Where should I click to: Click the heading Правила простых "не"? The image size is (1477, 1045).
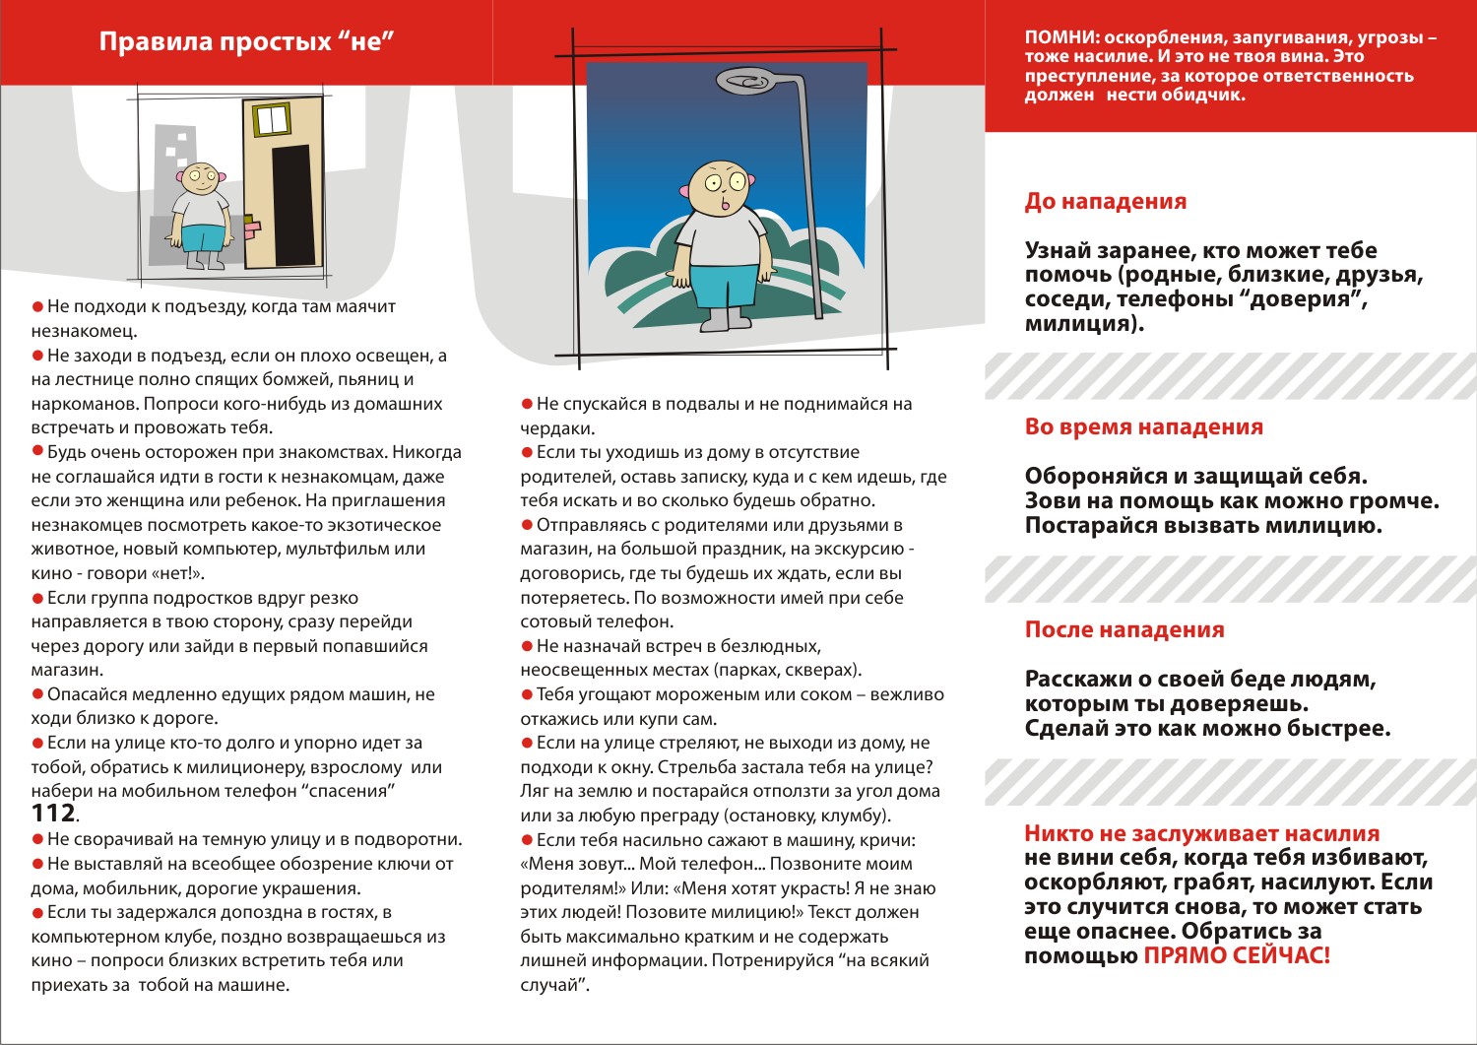coord(246,42)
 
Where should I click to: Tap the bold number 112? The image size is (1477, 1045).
coord(53,814)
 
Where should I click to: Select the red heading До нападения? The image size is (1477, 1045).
coord(1105,202)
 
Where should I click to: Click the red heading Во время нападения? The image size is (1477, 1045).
coord(1143,427)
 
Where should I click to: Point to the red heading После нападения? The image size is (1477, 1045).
coord(1124,630)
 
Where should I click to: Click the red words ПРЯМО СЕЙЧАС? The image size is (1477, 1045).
coord(1236,955)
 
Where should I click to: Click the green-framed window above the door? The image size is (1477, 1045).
coord(271,119)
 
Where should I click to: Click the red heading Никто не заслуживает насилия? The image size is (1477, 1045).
coord(1201,833)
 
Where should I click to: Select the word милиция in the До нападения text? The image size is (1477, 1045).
coord(1081,324)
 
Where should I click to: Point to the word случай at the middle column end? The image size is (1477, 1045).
coord(552,985)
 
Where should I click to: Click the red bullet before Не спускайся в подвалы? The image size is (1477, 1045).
coord(527,404)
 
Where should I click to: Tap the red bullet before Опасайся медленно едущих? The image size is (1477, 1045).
coord(38,694)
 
